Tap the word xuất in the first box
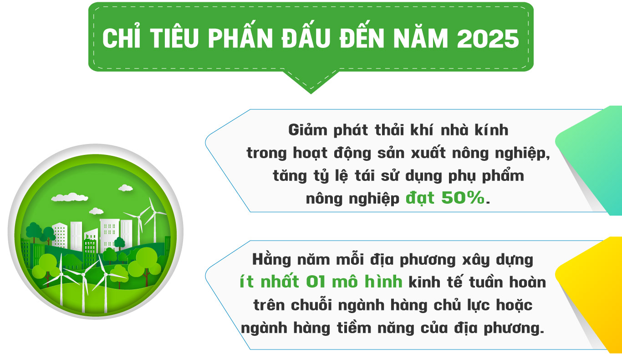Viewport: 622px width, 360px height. (425, 153)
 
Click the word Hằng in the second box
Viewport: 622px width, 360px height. (271, 260)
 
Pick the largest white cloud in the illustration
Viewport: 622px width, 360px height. (69, 197)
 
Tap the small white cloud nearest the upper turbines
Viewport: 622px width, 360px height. (125, 187)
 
